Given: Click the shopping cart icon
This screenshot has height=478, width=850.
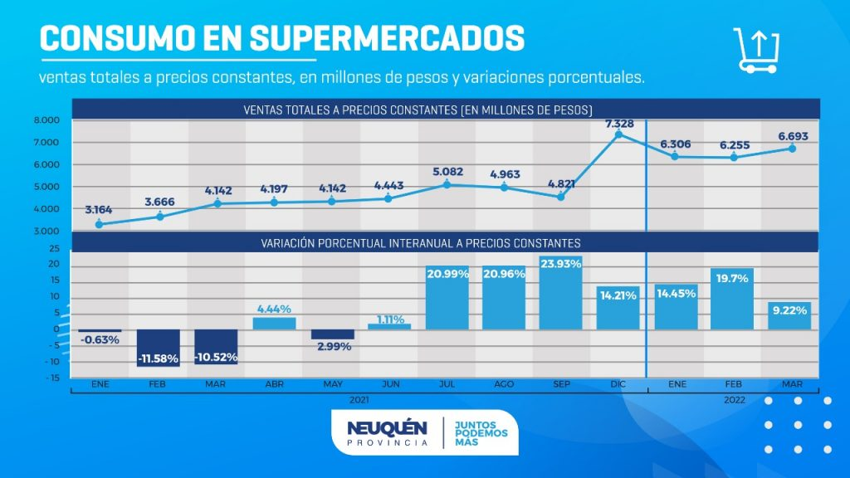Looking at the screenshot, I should (756, 51).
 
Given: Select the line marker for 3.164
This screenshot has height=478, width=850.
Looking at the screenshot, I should (100, 224).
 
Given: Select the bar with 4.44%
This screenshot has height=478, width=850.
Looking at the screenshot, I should (274, 323).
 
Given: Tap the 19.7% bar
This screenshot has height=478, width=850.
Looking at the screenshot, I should (732, 299).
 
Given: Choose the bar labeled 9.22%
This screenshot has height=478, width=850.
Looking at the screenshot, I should (789, 315).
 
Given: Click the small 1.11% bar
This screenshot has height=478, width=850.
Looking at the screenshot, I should (389, 326).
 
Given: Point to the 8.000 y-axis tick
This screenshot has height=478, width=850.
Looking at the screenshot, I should (46, 120).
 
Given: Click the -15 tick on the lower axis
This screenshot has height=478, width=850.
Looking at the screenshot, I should (53, 378).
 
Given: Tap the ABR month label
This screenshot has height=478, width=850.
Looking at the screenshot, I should (274, 386).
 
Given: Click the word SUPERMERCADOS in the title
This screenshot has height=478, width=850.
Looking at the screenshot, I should (386, 37).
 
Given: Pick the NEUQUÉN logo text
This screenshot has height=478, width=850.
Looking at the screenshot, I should (387, 428).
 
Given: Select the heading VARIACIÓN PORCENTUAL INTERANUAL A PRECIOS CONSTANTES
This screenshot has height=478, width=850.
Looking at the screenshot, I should (421, 242).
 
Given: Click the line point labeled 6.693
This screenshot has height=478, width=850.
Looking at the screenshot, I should (792, 149).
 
